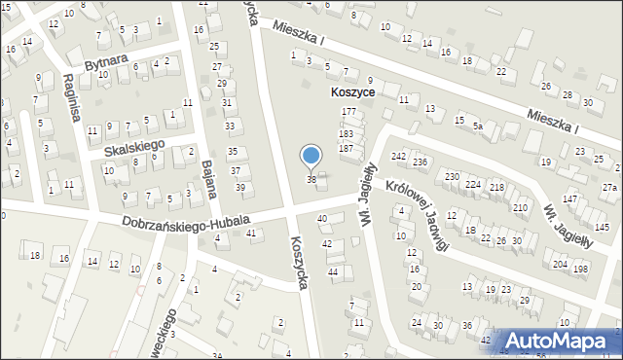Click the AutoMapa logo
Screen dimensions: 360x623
pos(562,342)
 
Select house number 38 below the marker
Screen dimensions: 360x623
pos(311,180)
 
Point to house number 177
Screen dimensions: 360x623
pos(348,113)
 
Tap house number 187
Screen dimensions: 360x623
pos(346,148)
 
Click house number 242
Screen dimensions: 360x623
pos(398,156)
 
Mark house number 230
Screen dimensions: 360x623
pos(452,176)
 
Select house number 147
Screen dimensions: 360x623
pos(569,198)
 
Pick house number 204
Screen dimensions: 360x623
pos(560,265)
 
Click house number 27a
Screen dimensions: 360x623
pos(609,187)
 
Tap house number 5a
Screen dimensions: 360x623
pos(478,126)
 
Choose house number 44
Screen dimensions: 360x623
pos(333,271)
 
